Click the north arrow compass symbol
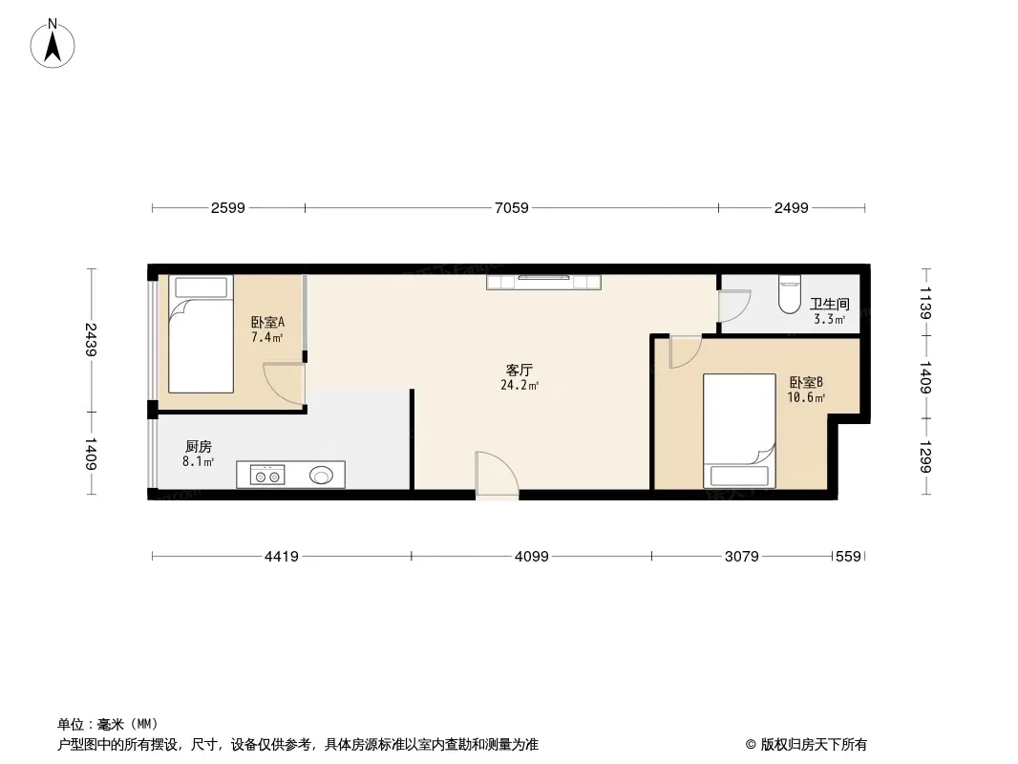(53, 44)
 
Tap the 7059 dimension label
(512, 208)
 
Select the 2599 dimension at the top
(228, 208)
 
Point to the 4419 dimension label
(281, 556)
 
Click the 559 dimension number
(848, 556)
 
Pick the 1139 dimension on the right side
(925, 303)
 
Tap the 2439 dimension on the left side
(90, 339)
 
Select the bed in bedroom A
(201, 333)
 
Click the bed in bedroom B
(739, 431)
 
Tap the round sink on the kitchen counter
(321, 476)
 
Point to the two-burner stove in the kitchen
(267, 476)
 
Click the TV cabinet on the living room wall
(544, 282)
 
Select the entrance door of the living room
(497, 476)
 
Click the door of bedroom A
(285, 386)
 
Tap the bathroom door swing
(734, 305)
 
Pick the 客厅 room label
(520, 370)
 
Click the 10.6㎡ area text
(806, 398)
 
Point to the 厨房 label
(198, 447)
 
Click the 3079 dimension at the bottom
(741, 556)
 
